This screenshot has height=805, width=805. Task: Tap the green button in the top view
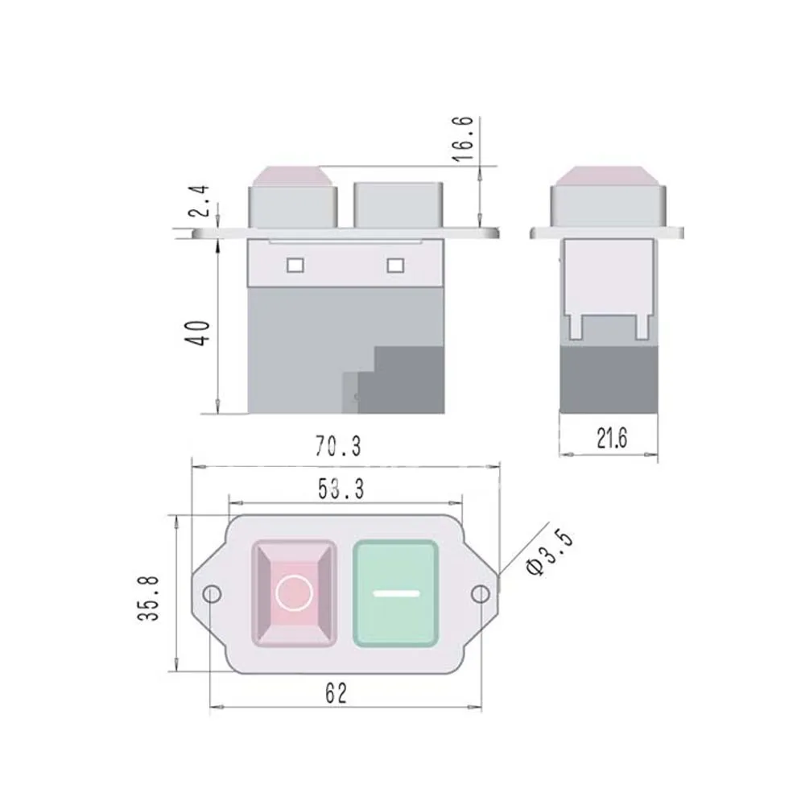(x=396, y=593)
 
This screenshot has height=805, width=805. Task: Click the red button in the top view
(x=294, y=593)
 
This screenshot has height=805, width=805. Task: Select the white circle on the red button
(x=294, y=593)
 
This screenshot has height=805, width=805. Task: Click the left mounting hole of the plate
(x=212, y=594)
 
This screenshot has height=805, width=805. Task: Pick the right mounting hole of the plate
(x=481, y=594)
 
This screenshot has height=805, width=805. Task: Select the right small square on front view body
(x=394, y=265)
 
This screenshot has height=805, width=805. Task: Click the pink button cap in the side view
(x=608, y=175)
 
